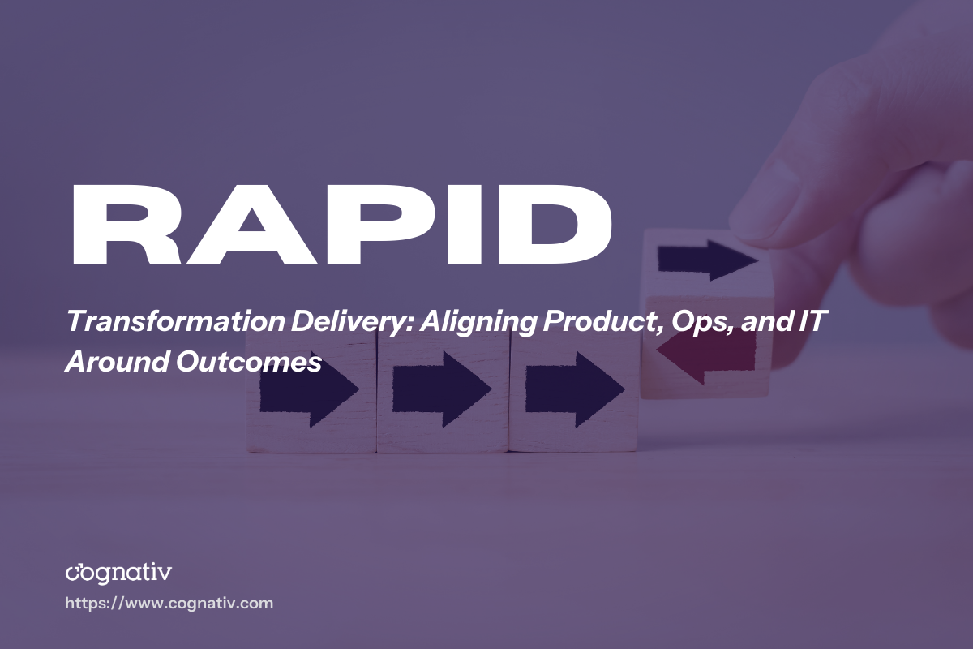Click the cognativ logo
point(118,572)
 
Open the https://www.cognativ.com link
point(169,604)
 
